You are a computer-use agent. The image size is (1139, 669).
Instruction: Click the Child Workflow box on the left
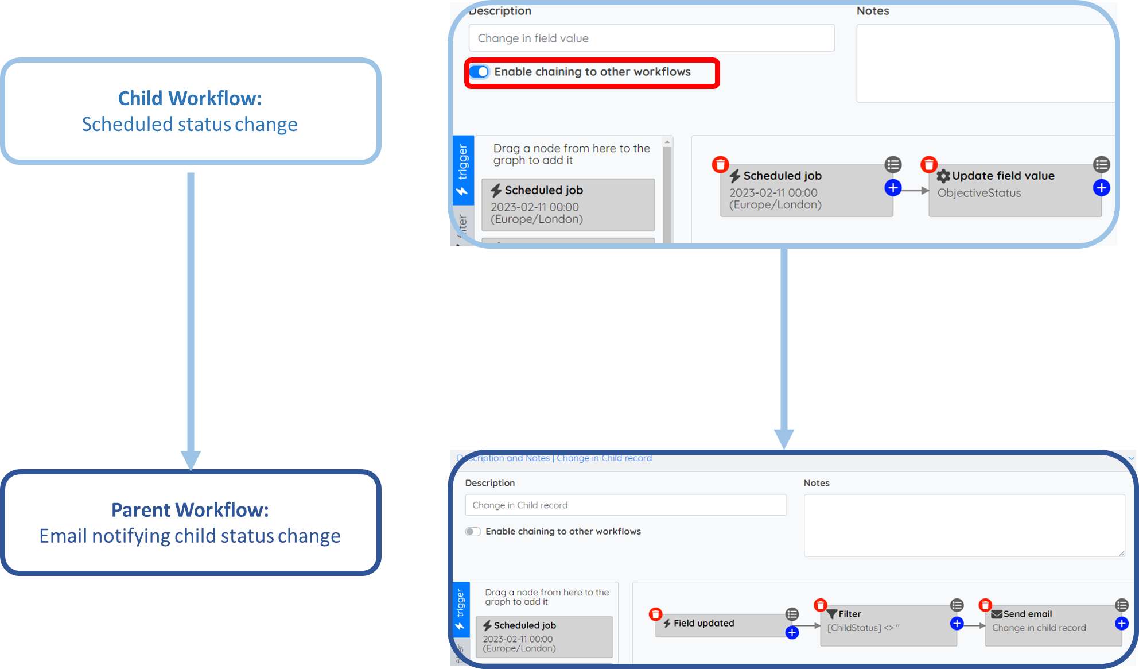point(191,111)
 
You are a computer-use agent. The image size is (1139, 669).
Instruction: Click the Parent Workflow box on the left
point(191,522)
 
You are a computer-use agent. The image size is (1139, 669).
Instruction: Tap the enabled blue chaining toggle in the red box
point(479,72)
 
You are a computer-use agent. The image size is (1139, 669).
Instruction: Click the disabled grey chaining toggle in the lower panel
point(473,532)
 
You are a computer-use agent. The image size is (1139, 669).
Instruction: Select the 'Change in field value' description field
point(651,38)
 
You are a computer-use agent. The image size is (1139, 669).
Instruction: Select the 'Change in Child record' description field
point(625,505)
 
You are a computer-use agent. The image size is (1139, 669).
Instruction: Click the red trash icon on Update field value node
point(929,165)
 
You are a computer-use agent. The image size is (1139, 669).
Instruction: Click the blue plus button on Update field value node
point(1101,188)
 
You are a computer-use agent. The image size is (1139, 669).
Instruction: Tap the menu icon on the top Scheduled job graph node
point(893,165)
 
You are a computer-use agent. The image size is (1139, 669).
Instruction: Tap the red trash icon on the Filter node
point(821,605)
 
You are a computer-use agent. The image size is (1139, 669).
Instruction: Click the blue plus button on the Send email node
point(1122,624)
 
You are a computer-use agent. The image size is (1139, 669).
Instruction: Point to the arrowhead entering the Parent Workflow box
point(191,461)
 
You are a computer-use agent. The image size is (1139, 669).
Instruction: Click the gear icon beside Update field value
point(943,176)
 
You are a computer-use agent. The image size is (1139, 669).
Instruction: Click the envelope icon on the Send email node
point(997,614)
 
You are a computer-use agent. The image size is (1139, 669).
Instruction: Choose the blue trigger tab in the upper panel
point(463,170)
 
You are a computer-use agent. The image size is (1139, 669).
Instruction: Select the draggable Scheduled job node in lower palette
point(544,636)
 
